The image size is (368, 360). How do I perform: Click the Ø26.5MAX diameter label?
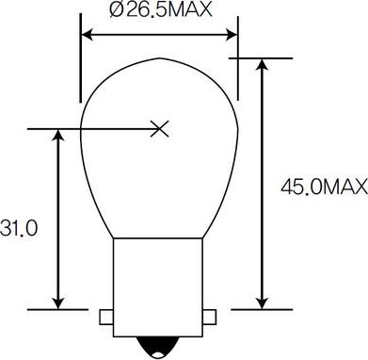[161, 9]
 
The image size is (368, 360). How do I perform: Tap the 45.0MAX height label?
[324, 188]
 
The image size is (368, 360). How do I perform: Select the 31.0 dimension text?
[19, 228]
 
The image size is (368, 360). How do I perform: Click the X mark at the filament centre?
[160, 129]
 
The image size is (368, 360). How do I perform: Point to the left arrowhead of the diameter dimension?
[88, 35]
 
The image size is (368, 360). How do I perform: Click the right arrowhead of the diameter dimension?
[231, 35]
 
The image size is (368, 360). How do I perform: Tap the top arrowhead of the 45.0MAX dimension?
[262, 64]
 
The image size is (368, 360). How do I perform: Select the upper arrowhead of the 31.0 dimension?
[58, 135]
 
